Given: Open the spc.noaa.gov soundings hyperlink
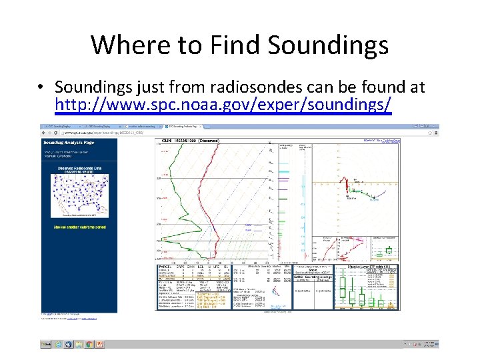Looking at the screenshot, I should pos(223,105).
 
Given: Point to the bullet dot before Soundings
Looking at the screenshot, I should pos(41,87).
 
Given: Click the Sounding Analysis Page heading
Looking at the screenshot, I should pos(70,143).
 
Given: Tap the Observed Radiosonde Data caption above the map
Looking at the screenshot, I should pos(79,169).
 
